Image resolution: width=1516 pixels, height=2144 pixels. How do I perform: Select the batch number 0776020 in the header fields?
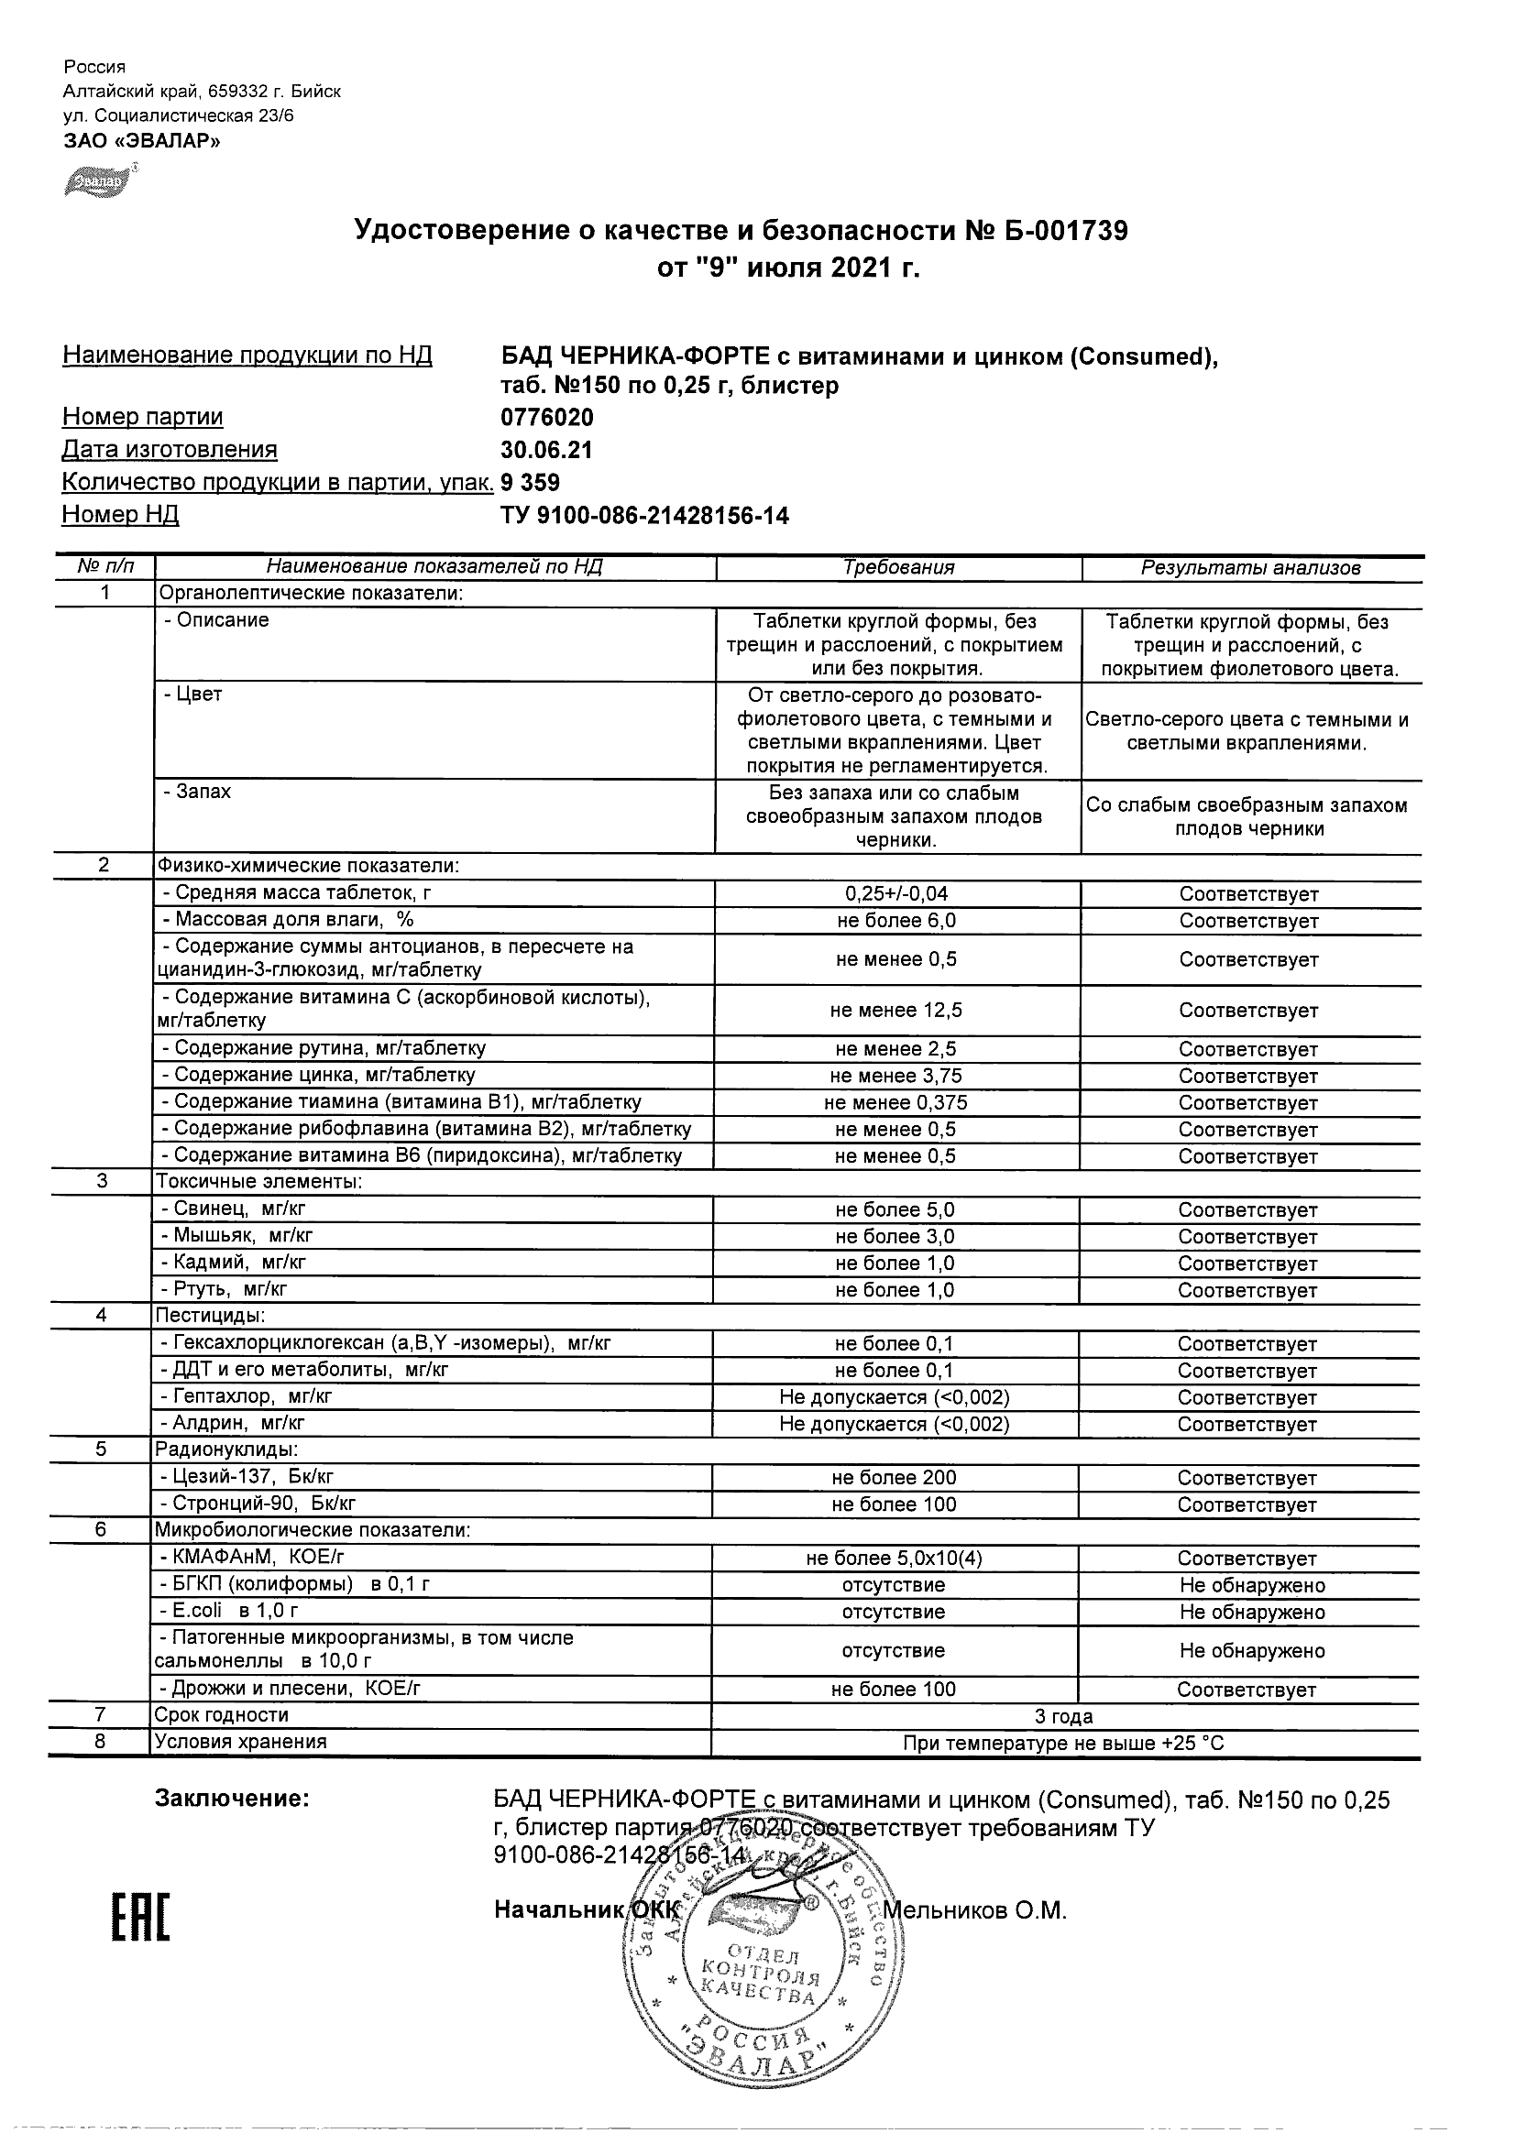(x=547, y=418)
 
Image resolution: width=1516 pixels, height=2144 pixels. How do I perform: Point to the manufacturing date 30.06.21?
(x=546, y=450)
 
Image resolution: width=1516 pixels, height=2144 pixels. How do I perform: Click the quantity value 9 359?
(x=531, y=483)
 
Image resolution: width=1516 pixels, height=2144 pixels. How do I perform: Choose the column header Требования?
(x=897, y=568)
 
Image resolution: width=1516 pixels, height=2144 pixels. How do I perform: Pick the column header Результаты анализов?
(x=1251, y=568)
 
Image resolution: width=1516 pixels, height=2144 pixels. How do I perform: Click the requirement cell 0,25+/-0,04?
(x=895, y=893)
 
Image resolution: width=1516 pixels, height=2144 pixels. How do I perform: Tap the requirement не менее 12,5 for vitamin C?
(x=895, y=1011)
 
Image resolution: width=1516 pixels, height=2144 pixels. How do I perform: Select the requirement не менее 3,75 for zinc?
(x=895, y=1076)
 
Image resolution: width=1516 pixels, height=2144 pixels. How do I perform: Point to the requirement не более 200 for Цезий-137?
(x=894, y=1478)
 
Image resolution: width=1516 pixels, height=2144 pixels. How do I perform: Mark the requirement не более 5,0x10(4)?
(x=894, y=1559)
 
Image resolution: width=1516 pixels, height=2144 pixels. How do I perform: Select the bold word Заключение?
(x=232, y=1799)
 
